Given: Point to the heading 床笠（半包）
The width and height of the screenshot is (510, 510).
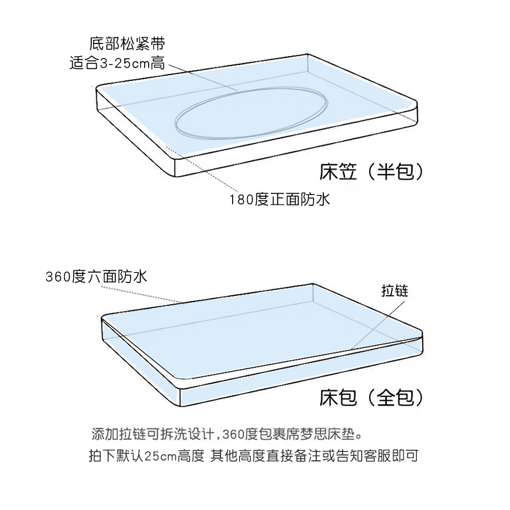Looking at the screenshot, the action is coord(370,171).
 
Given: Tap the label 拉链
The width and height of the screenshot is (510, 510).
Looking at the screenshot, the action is coord(394,291).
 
